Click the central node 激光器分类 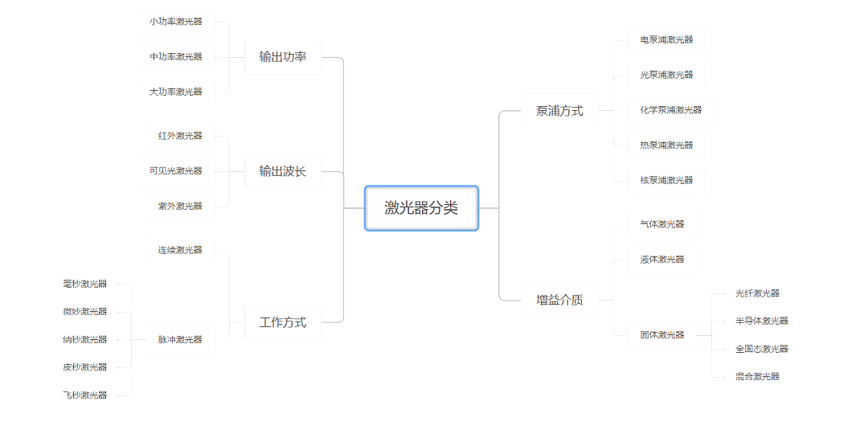[421, 208]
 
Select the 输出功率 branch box [283, 57]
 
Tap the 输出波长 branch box [283, 171]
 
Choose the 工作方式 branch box [283, 322]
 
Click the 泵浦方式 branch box [559, 111]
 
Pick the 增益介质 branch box [559, 301]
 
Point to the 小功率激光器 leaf [175, 23]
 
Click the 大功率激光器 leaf [175, 92]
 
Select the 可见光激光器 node [175, 171]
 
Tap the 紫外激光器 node [180, 207]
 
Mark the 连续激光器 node [180, 250]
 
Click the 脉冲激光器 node [180, 340]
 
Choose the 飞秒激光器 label [84, 395]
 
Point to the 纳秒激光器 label [84, 340]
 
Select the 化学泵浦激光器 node [671, 110]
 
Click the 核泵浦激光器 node [666, 180]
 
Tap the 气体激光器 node [662, 225]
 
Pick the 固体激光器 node [662, 335]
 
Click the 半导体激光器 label [762, 321]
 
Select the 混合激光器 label [757, 376]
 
